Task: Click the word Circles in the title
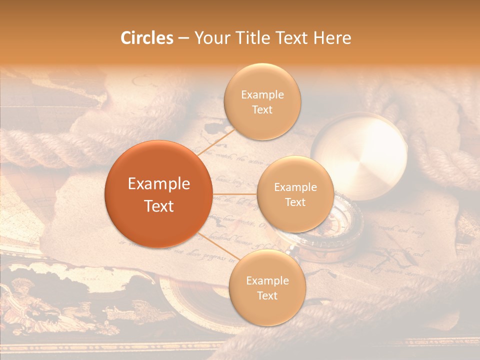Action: point(147,38)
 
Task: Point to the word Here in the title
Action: point(331,38)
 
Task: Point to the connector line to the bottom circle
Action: point(215,245)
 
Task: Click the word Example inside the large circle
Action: point(159,184)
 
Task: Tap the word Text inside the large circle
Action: point(159,205)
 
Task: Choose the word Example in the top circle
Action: point(262,95)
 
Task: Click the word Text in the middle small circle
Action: point(295,202)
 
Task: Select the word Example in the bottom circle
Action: point(267,281)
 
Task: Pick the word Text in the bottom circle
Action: point(267,295)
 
